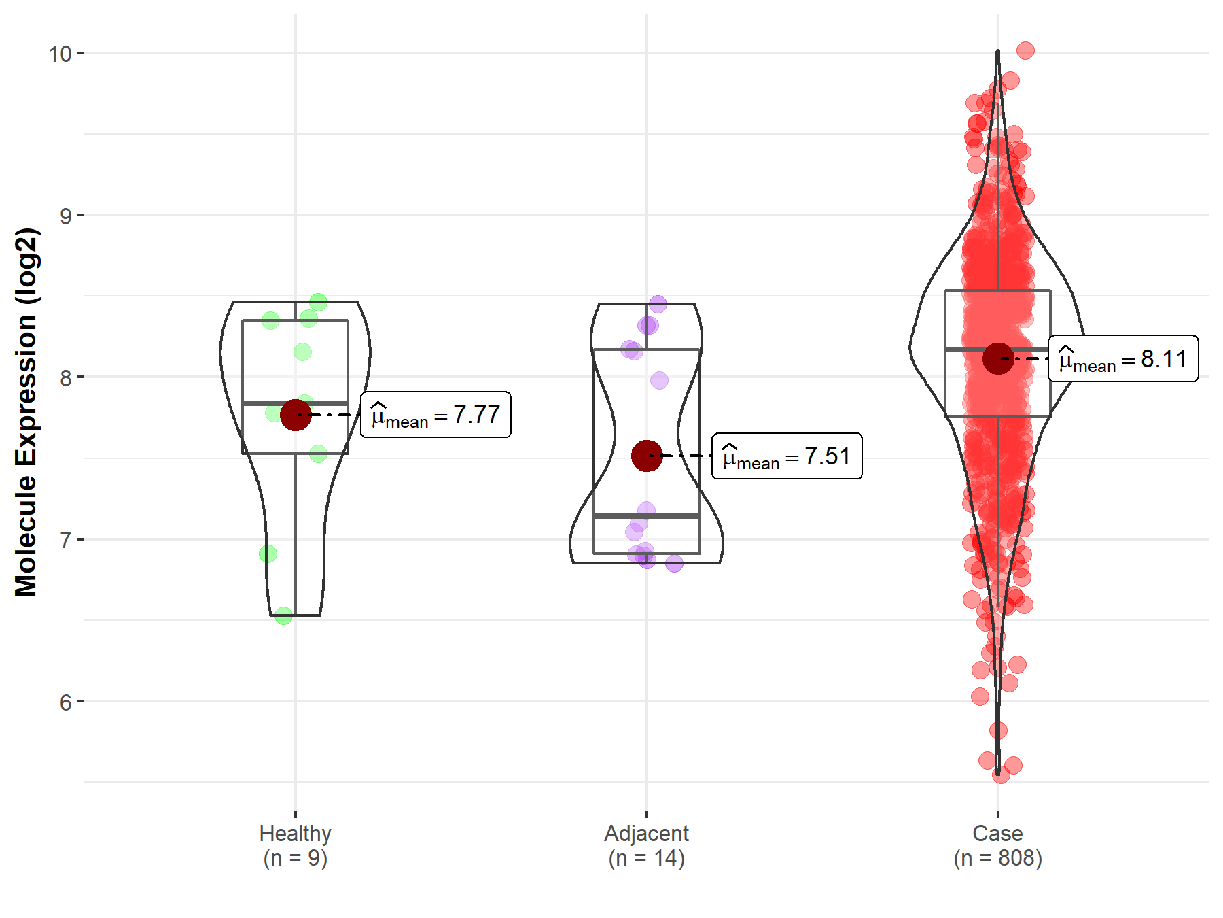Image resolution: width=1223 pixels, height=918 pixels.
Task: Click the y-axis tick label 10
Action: [x=60, y=54]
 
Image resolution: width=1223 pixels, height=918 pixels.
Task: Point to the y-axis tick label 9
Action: [x=66, y=216]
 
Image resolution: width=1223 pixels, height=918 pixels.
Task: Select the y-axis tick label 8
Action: [x=66, y=377]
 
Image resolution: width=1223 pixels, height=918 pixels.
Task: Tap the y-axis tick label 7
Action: [x=66, y=540]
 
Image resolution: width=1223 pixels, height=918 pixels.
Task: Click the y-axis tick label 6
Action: [x=66, y=702]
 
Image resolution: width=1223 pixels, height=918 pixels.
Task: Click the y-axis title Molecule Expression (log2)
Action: [x=26, y=412]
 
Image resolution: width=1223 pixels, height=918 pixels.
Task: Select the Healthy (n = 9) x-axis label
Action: [x=296, y=845]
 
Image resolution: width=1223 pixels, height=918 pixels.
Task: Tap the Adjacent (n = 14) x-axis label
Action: [x=646, y=845]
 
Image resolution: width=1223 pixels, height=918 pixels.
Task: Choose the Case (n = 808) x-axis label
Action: [x=997, y=845]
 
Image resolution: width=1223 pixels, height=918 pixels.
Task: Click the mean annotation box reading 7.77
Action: [x=436, y=414]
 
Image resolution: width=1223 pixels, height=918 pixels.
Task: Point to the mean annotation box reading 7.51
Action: [x=787, y=456]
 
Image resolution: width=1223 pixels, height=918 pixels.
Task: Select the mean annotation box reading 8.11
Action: [x=1123, y=358]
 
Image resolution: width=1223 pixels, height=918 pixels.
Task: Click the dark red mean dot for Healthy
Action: [x=296, y=415]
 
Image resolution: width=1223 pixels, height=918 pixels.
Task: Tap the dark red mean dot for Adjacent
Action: [x=647, y=456]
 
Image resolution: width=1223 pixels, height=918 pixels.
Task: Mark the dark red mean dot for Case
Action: [x=998, y=358]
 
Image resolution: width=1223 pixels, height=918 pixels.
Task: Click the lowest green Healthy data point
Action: [x=283, y=616]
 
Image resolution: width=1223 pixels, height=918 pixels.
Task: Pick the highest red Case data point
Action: [x=1025, y=50]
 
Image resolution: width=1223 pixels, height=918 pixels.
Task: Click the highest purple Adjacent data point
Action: [x=658, y=304]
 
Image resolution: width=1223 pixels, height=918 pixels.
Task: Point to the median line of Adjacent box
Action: [x=646, y=516]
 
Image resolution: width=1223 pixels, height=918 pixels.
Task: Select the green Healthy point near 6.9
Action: [x=268, y=554]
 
